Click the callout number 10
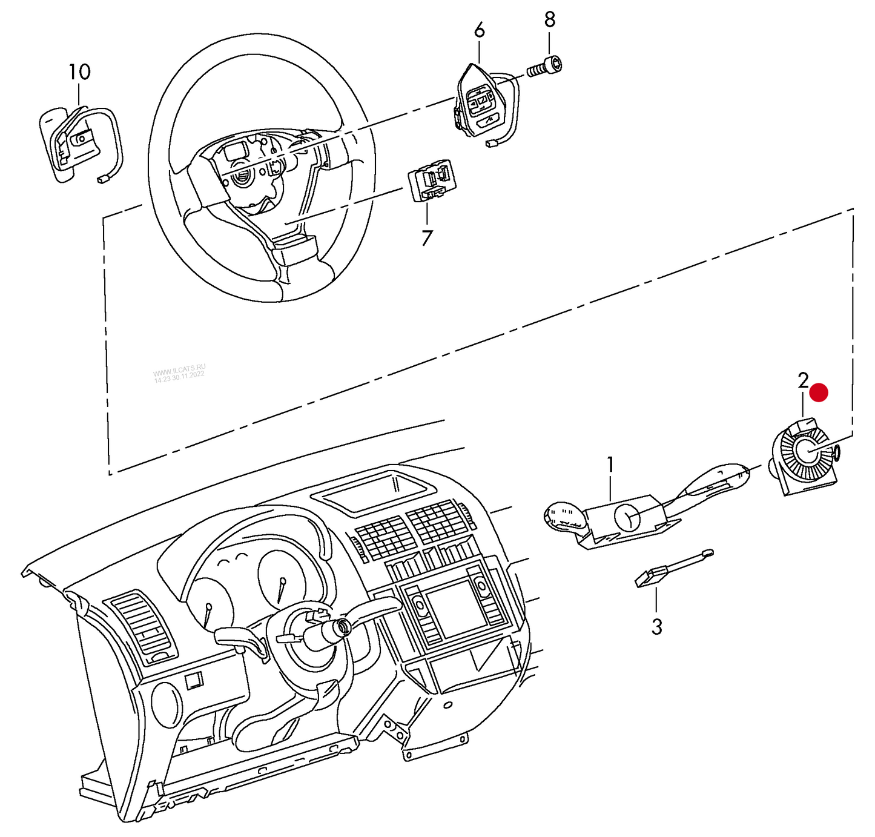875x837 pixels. pyautogui.click(x=79, y=72)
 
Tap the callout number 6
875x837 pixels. pyautogui.click(x=479, y=30)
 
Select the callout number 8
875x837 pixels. pyautogui.click(x=549, y=19)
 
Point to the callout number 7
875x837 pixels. pyautogui.click(x=427, y=238)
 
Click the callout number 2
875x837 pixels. pyautogui.click(x=803, y=381)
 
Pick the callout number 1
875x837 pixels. pyautogui.click(x=610, y=465)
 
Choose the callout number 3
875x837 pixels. pyautogui.click(x=657, y=626)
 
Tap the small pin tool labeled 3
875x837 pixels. pyautogui.click(x=672, y=568)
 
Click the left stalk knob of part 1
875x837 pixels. pyautogui.click(x=564, y=517)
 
